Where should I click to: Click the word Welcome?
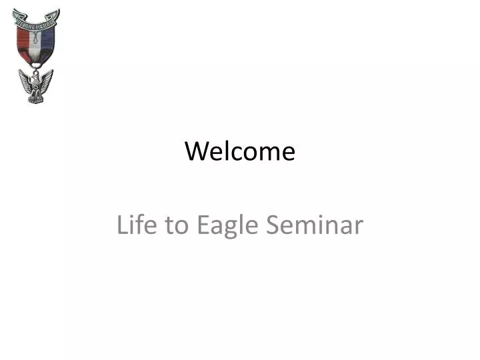pyautogui.click(x=240, y=151)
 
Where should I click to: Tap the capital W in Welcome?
pyautogui.click(x=197, y=151)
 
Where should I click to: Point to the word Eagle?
pyautogui.click(x=227, y=227)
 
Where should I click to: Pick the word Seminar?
pyautogui.click(x=315, y=225)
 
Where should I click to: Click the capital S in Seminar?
pyautogui.click(x=273, y=225)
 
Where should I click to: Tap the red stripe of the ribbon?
pyautogui.click(x=23, y=43)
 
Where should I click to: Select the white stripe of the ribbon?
pyautogui.click(x=36, y=46)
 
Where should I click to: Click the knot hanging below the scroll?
pyautogui.click(x=37, y=37)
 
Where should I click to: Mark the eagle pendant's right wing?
pyautogui.click(x=47, y=80)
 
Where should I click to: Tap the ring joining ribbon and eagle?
pyautogui.click(x=36, y=67)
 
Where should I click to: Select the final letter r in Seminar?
pyautogui.click(x=359, y=227)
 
